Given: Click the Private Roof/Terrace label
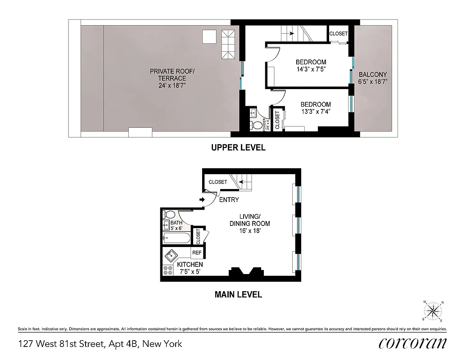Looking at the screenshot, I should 168,78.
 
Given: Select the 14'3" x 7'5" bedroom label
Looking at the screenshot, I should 311,66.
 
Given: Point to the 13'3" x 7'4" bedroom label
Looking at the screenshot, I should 316,108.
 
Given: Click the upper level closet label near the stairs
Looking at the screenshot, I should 338,34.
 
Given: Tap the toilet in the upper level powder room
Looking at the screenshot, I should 257,124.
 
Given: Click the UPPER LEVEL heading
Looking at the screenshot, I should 238,148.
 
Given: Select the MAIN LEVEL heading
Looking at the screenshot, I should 238,295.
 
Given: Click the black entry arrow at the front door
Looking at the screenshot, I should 202,200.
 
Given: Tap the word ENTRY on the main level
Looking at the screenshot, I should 229,200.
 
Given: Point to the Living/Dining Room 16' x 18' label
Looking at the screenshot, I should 249,224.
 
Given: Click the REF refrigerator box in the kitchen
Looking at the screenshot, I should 197,253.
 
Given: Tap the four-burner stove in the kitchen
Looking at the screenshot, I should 168,270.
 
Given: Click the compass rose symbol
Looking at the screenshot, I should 433,310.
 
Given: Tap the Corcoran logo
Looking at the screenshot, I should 412,343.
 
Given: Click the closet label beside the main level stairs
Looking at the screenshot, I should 218,182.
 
